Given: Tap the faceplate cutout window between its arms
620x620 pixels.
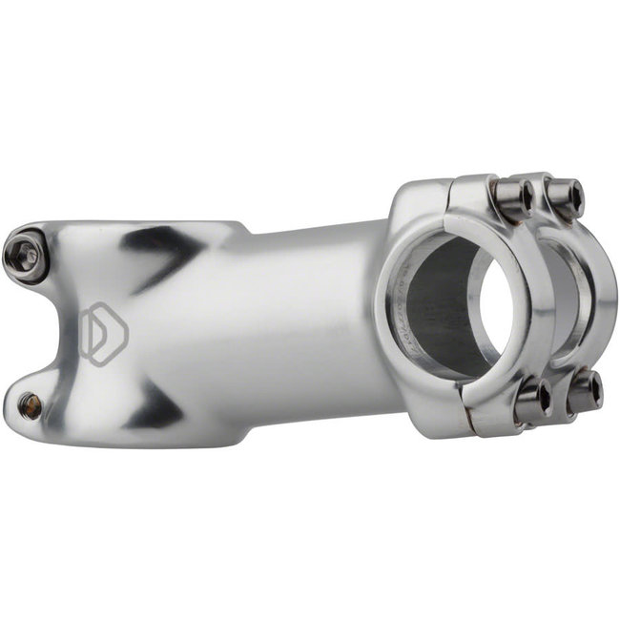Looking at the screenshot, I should [563, 296].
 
